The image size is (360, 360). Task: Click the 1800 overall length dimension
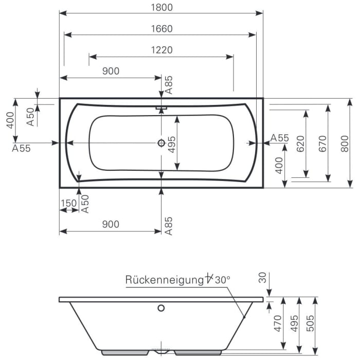tap(161, 7)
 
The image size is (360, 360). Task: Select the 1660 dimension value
tap(161, 29)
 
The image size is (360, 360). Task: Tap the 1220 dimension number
tap(161, 50)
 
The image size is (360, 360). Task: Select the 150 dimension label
tap(68, 203)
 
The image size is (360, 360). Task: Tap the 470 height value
tap(278, 324)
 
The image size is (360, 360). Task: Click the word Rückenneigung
tap(164, 280)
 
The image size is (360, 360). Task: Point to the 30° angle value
tap(222, 280)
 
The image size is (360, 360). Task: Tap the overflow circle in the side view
tap(161, 309)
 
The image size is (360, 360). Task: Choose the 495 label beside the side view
tap(294, 324)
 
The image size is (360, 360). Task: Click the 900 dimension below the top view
tap(111, 224)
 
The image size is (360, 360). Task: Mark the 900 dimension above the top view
tap(111, 71)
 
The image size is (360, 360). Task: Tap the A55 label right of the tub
tap(280, 138)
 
